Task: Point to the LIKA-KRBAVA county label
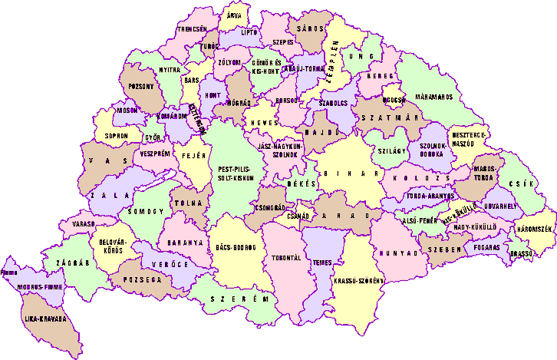[42, 318]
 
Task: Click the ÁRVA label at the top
[233, 15]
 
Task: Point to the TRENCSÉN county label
[193, 28]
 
